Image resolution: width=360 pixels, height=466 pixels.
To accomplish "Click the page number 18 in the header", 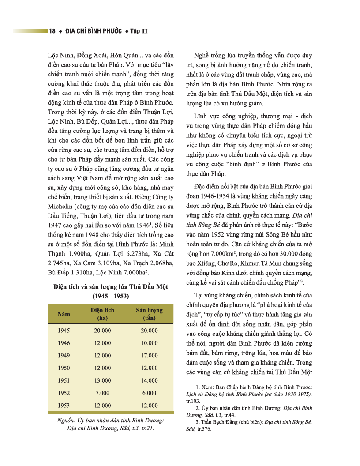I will coord(52,31).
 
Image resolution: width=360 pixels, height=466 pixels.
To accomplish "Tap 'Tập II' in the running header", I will coord(139,31).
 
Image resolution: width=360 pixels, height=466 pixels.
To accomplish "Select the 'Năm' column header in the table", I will coord(64,314).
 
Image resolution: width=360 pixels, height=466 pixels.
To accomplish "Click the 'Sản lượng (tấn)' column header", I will coord(149,314).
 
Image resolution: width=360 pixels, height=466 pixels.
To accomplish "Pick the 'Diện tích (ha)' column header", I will coord(102,314).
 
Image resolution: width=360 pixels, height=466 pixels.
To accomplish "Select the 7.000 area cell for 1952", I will coord(102,393).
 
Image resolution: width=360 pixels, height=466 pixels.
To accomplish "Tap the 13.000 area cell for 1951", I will coord(102,380).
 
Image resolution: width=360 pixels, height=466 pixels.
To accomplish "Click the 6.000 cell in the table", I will coord(149,393).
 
